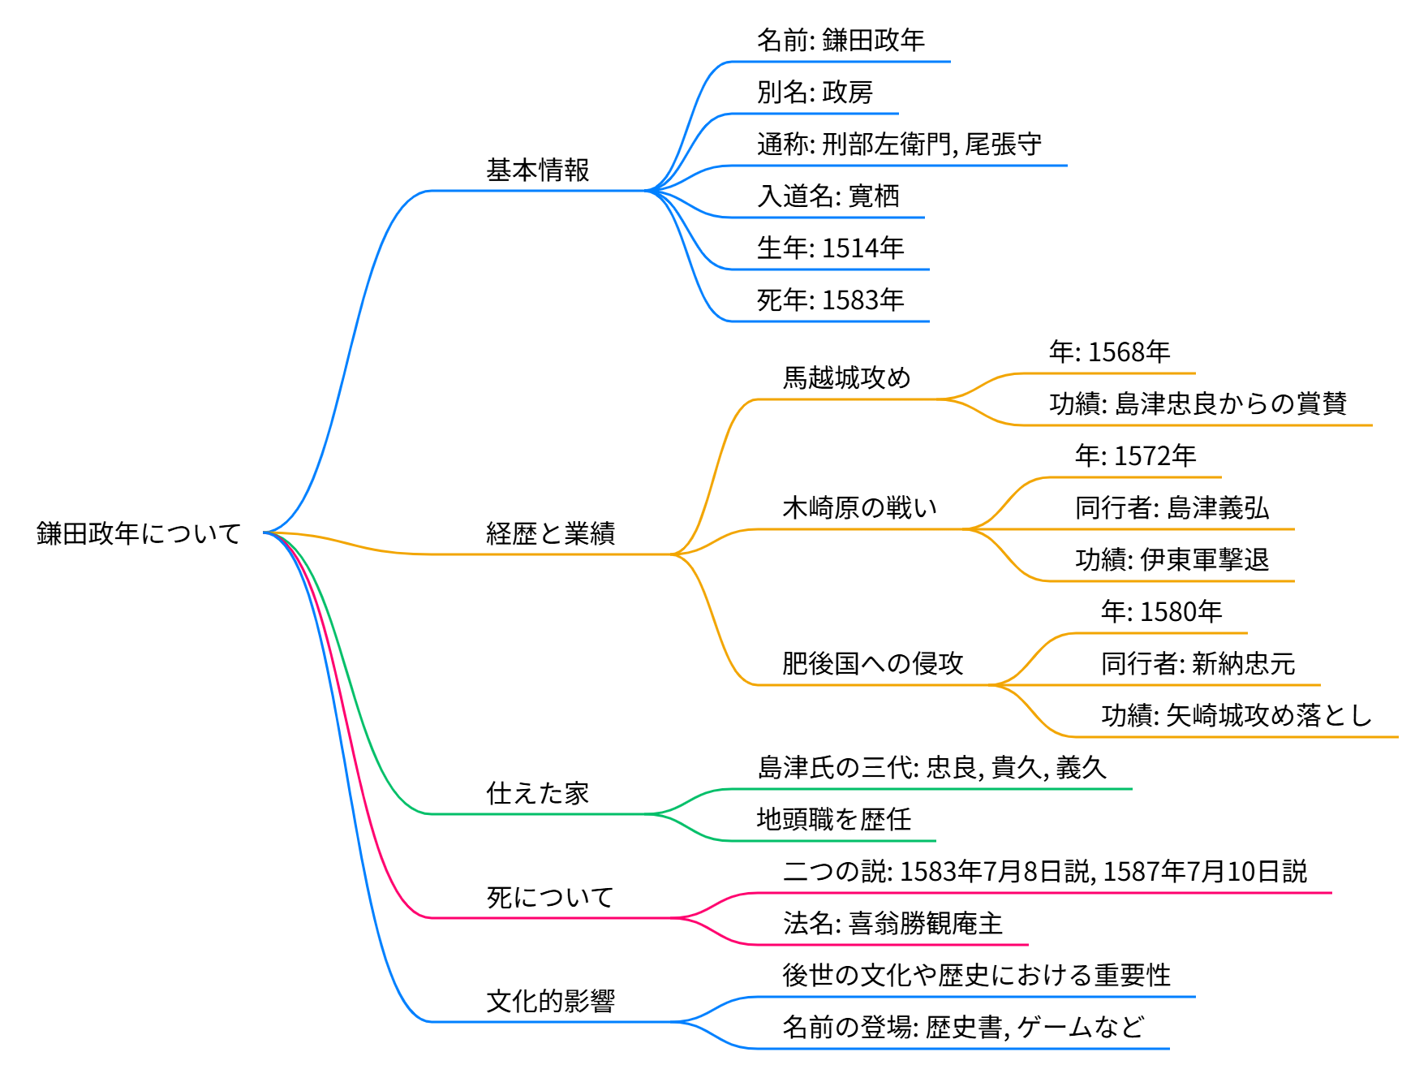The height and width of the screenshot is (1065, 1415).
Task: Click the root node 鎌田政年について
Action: (139, 533)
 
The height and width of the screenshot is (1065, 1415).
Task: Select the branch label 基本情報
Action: (537, 170)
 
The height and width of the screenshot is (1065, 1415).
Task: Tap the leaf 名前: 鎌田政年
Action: (841, 41)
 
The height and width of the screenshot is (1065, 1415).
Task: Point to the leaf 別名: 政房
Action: (815, 93)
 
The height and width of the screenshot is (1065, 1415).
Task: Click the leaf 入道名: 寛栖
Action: (828, 196)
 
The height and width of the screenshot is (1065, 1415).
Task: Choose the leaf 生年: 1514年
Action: (830, 248)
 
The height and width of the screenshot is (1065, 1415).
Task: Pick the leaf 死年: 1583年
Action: (830, 300)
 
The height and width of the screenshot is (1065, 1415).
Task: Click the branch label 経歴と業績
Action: (550, 534)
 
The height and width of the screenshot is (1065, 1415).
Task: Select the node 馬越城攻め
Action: (846, 378)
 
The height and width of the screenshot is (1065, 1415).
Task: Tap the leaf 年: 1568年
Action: (1109, 352)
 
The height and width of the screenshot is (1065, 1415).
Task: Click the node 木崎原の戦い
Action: (859, 508)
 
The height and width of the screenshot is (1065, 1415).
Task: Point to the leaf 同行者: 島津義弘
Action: (1172, 508)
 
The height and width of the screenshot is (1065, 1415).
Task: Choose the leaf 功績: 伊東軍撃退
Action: (1172, 560)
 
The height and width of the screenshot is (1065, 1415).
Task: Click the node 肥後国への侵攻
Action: (872, 664)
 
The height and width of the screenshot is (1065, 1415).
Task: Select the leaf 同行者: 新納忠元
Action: (1198, 664)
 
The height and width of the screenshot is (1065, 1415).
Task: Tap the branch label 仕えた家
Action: (537, 794)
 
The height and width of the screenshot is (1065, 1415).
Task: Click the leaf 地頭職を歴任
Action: (833, 820)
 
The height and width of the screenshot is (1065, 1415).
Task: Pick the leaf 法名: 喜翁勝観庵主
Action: (892, 924)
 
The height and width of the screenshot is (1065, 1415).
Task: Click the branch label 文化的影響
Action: (550, 1002)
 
